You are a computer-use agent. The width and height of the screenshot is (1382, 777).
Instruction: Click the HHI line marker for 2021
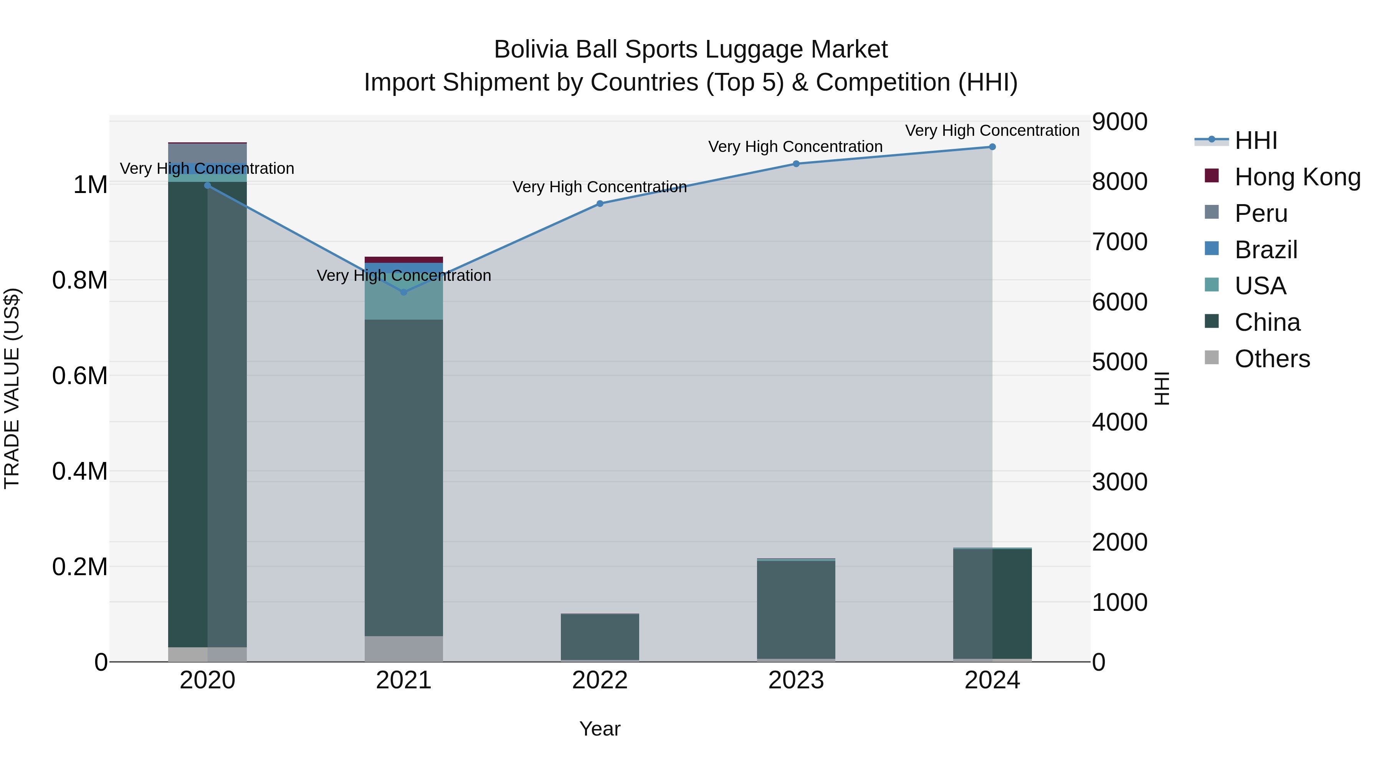404,292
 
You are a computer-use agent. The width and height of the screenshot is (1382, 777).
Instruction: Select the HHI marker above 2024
992,147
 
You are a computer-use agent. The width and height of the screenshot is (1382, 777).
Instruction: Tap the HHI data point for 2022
600,204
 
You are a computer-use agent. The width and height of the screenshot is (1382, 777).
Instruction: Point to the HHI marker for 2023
796,164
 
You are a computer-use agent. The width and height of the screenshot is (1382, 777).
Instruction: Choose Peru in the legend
1261,213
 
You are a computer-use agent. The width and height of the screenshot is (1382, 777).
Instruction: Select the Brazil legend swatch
1212,249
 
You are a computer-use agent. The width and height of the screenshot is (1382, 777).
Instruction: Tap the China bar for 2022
600,637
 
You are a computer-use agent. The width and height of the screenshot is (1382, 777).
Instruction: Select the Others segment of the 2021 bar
404,649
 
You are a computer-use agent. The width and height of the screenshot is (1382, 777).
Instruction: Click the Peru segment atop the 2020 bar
208,153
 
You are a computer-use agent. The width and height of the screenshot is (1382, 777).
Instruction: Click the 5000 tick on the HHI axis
1120,362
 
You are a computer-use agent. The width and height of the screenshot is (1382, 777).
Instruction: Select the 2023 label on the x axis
796,680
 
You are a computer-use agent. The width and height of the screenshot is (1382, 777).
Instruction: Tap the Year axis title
600,729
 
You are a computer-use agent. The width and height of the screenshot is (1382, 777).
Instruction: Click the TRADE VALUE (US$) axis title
12,388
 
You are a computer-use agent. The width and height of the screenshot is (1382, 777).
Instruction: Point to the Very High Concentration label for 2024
992,131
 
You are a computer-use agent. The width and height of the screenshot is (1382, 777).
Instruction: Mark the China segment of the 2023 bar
796,610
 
